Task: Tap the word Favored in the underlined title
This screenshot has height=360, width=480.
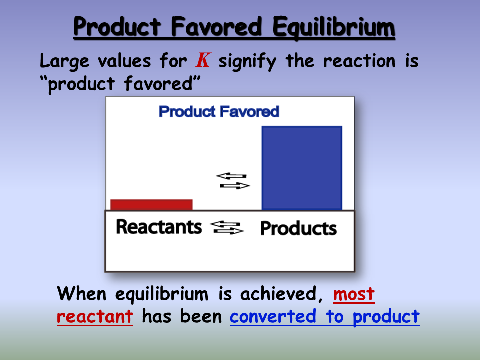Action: point(216,26)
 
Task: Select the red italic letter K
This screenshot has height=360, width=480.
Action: point(203,60)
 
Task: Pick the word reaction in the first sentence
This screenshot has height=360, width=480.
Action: point(359,61)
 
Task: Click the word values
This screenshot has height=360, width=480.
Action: point(124,61)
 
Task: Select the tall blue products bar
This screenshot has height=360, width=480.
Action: point(302,168)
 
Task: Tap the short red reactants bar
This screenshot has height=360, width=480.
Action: point(152,205)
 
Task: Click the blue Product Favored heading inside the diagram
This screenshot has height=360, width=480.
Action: point(219,111)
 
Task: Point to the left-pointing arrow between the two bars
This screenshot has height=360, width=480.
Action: point(231,176)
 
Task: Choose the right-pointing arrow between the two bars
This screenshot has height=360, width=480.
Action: point(235,186)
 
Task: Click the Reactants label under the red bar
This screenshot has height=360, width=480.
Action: point(159,227)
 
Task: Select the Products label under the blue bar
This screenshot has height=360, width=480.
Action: point(299,228)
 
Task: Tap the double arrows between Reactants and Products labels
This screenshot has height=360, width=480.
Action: point(227,228)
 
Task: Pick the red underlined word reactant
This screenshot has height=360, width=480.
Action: point(95,317)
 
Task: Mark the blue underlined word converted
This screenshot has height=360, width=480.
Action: point(273,316)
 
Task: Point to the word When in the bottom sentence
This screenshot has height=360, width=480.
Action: point(81,294)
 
